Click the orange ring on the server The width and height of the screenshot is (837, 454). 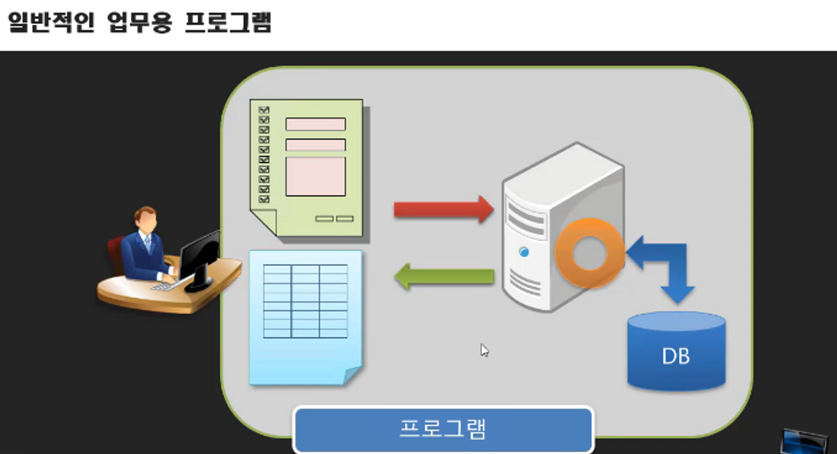(590, 252)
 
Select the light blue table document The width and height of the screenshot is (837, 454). (305, 317)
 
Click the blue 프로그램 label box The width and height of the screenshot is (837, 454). (443, 429)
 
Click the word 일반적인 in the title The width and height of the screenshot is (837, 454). (50, 23)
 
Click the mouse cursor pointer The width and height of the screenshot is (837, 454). (484, 349)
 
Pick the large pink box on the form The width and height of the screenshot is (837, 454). (315, 176)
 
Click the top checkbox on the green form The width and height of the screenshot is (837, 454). (264, 110)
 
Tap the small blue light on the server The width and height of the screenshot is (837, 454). (524, 252)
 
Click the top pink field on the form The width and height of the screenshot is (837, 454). (315, 124)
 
